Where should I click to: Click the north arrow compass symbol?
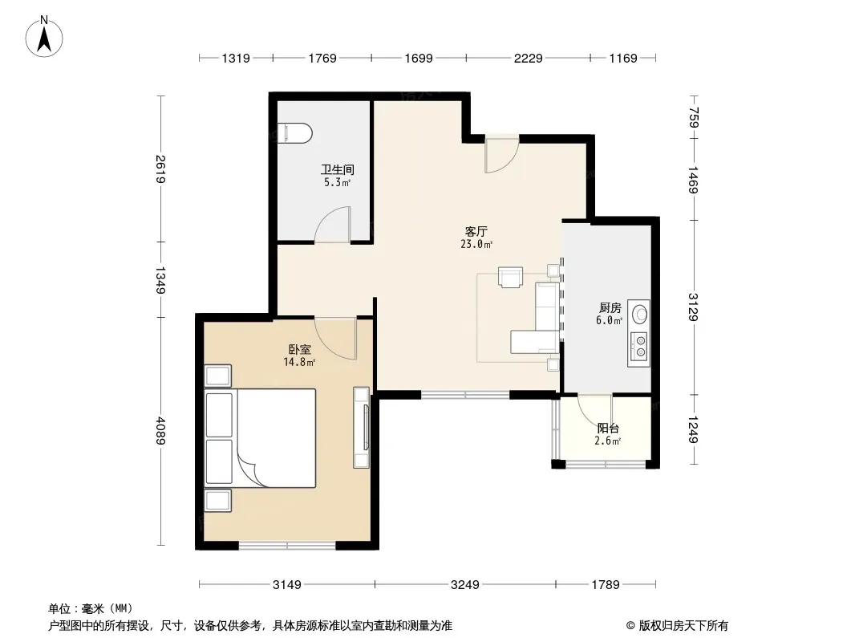click(x=44, y=37)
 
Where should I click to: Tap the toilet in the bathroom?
click(x=294, y=133)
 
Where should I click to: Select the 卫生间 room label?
click(x=338, y=169)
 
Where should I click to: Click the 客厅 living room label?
click(x=476, y=232)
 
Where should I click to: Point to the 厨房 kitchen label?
click(x=610, y=308)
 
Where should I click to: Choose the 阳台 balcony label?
click(x=608, y=429)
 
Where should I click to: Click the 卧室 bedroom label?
click(x=300, y=349)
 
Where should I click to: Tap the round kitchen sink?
click(x=639, y=314)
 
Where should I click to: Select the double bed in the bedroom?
click(x=260, y=437)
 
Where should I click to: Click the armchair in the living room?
click(x=510, y=277)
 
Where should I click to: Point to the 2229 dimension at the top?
click(x=528, y=58)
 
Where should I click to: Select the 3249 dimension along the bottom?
click(x=464, y=585)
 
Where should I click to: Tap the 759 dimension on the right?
click(x=693, y=117)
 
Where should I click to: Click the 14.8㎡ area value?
click(x=299, y=362)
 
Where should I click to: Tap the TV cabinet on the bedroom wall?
click(x=362, y=427)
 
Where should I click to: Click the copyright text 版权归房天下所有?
click(x=683, y=626)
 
